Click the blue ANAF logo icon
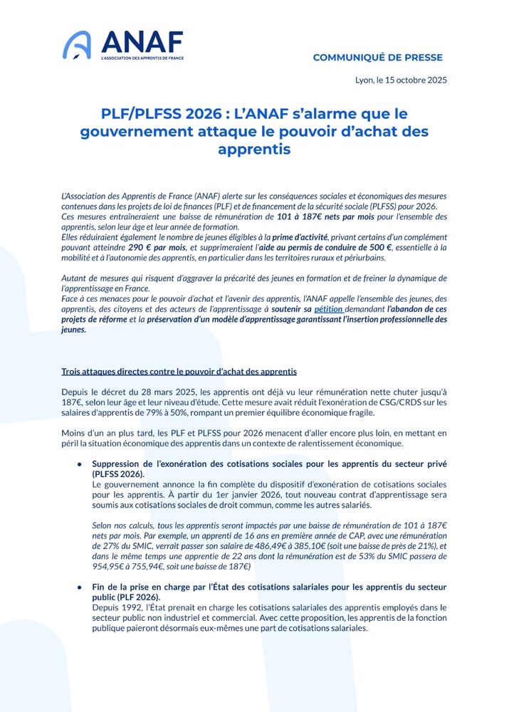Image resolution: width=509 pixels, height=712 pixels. [x=77, y=45]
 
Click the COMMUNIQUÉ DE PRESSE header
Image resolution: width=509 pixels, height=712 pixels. [x=377, y=58]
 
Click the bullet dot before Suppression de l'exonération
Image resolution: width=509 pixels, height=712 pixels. [x=80, y=464]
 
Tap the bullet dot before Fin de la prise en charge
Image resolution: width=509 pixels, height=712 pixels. [x=80, y=588]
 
